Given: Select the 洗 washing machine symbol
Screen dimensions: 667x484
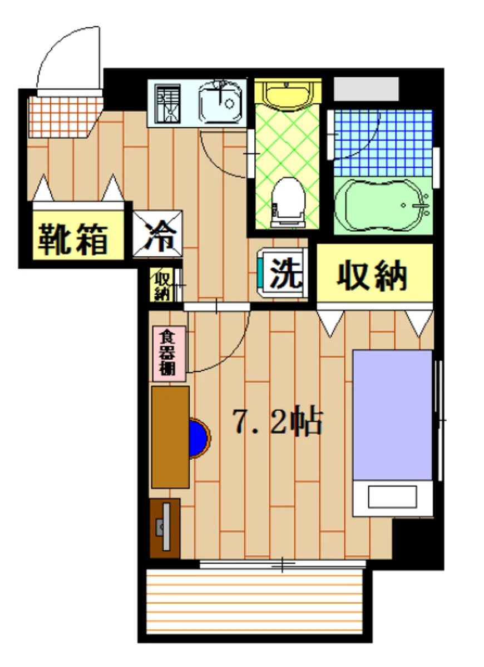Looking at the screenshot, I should [284, 272].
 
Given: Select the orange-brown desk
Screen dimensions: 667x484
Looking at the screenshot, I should [170, 437].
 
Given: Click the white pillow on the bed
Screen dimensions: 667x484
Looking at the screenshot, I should [392, 496].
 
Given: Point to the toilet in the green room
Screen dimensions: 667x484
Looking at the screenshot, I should [287, 201].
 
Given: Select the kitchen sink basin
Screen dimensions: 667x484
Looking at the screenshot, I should [221, 102].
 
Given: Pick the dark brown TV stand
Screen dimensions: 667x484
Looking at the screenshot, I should [165, 528].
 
